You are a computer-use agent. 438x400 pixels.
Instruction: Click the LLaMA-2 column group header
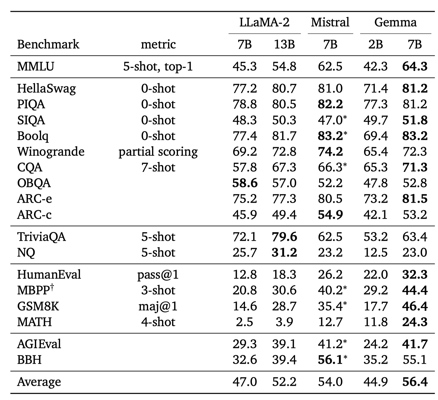[264, 22]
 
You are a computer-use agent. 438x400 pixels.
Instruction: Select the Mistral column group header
[330, 22]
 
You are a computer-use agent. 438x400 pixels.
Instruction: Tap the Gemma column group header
[395, 22]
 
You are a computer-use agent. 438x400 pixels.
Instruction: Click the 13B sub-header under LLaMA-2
[284, 44]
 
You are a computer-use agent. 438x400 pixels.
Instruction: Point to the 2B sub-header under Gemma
[375, 44]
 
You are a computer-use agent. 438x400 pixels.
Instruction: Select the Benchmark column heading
[48, 44]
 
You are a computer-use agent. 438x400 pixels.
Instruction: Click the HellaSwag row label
[46, 89]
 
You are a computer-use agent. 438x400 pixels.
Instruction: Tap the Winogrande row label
[51, 151]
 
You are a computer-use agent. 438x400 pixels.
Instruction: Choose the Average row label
[39, 382]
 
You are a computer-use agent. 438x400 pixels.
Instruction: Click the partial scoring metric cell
[158, 151]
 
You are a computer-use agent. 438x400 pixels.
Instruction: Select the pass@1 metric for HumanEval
[158, 275]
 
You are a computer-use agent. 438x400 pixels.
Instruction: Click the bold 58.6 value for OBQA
[245, 183]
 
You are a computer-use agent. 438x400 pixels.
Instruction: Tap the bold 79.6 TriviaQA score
[284, 237]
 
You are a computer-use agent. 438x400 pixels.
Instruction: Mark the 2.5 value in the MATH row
[245, 322]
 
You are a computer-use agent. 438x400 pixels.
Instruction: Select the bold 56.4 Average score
[414, 382]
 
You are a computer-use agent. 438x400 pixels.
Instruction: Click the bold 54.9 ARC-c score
[330, 215]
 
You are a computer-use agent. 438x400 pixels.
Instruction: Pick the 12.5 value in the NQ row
[375, 252]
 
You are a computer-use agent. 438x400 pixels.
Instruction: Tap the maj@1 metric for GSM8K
[158, 306]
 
